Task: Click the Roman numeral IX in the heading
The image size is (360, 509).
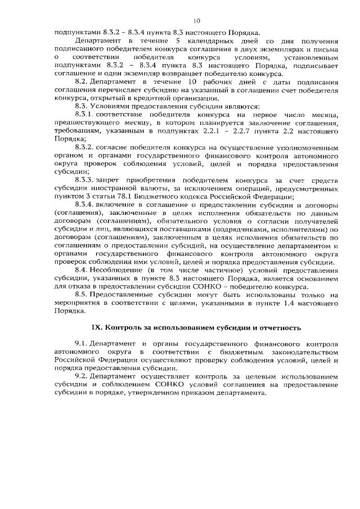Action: pos(97,327)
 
